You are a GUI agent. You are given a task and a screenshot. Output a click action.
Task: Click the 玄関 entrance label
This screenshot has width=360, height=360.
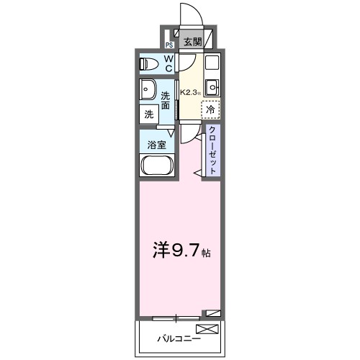coord(192,42)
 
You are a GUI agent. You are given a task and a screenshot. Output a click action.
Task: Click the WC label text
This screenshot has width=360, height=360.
coord(168,63)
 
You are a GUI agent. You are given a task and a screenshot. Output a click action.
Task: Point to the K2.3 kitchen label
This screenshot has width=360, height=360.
coord(189,92)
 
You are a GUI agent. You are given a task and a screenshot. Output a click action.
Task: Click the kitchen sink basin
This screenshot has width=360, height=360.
coord(211,89)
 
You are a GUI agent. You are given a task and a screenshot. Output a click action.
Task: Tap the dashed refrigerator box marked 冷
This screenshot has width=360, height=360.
coord(210,110)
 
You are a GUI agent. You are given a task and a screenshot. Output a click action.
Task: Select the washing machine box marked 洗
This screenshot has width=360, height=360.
coord(148,113)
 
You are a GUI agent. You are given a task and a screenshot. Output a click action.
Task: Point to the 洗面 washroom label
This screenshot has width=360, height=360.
coord(166,101)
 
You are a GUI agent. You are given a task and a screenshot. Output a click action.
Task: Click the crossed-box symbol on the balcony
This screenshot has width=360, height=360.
coord(207,330)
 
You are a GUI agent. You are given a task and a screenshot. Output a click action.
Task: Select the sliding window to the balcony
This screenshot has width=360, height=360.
coord(176,316)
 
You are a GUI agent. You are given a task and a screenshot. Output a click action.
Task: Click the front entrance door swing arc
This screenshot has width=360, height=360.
coord(189,14)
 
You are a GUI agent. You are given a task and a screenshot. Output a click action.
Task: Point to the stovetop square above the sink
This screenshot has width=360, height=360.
coord(211,63)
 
